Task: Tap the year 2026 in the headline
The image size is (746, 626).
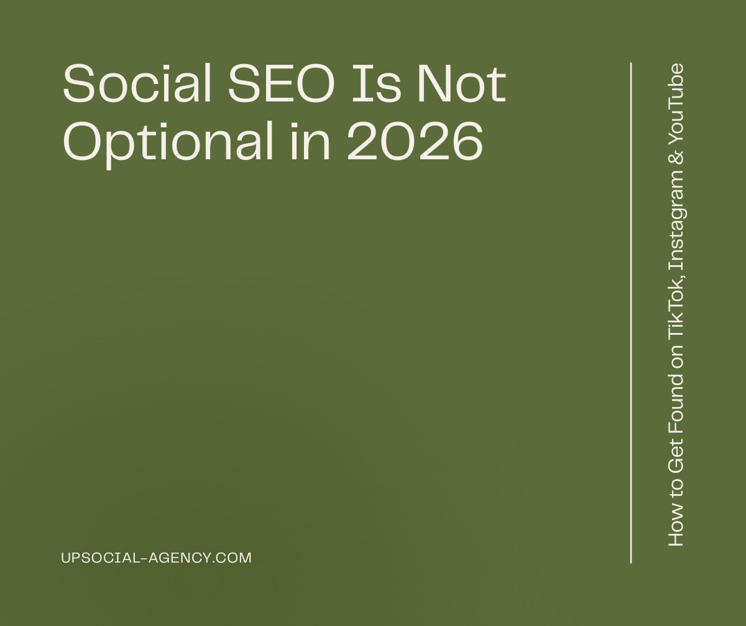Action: pos(414,140)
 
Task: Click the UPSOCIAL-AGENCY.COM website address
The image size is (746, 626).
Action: pos(157,558)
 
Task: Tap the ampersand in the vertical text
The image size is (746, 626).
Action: pos(676,155)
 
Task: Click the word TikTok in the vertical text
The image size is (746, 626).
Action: pos(676,311)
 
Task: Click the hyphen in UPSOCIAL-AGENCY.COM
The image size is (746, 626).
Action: pos(146,558)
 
